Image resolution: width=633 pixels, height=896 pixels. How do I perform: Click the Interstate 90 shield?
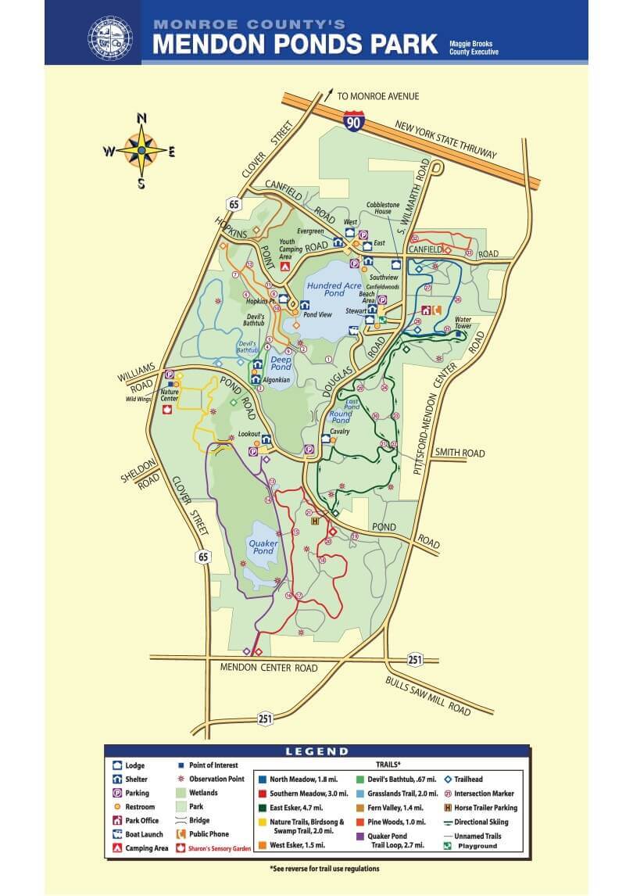point(352,120)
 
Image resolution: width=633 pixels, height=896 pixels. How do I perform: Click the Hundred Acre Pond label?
point(334,290)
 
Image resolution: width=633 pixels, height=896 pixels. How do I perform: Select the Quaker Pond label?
point(263,547)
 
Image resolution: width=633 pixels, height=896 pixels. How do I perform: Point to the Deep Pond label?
point(281,362)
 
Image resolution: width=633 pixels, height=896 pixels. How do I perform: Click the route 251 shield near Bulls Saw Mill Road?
point(415,660)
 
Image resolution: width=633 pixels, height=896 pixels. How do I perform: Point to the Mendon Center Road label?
point(269,668)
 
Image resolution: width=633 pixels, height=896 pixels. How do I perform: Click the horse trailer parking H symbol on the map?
point(315,521)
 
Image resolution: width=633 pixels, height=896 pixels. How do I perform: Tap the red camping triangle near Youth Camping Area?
point(284,267)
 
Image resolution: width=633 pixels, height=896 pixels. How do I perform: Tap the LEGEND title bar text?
point(316,751)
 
